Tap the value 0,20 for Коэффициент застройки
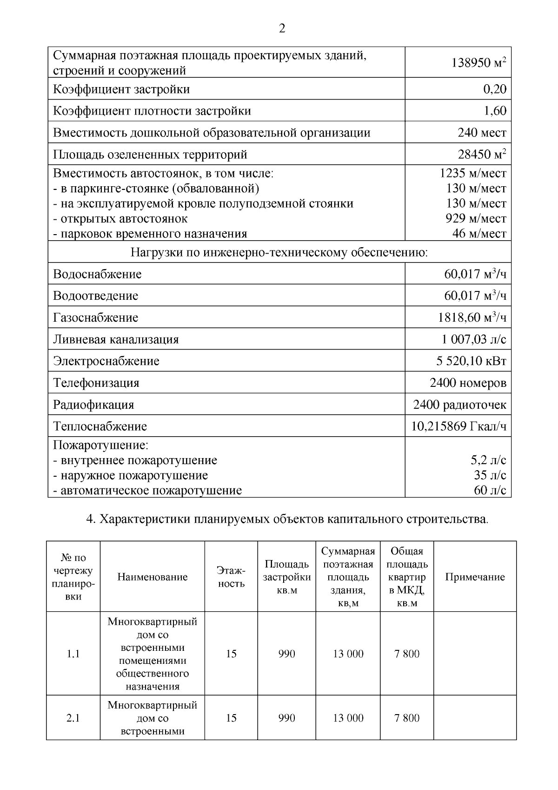click(494, 89)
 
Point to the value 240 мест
click(482, 133)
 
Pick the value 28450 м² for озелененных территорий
click(482, 154)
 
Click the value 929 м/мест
click(476, 218)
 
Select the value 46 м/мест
click(479, 233)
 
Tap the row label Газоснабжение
click(95, 317)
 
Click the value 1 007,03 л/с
click(474, 339)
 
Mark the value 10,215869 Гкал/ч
click(458, 426)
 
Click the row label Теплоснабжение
click(100, 426)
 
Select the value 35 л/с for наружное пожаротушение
click(490, 475)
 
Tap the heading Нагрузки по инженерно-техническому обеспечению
click(279, 253)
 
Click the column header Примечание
click(475, 577)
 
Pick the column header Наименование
click(153, 577)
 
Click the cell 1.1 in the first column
click(73, 654)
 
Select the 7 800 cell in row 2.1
click(407, 718)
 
